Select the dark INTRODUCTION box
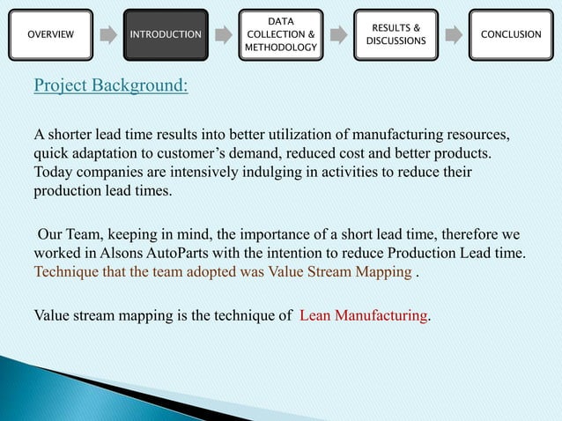[166, 34]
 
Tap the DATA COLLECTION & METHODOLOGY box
[280, 34]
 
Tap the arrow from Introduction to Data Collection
[224, 35]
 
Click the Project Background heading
[109, 87]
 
